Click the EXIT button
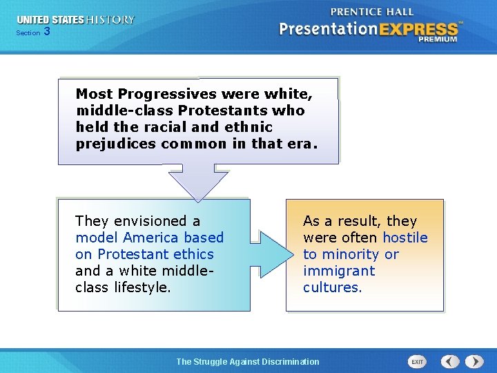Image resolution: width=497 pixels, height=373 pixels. (417, 361)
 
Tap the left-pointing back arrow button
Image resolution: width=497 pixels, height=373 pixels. (450, 361)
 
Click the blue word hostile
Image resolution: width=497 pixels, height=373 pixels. (405, 238)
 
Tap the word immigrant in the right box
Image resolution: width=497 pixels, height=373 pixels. (339, 271)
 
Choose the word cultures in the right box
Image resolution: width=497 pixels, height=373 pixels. (332, 287)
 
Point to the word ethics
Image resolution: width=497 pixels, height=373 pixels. (193, 254)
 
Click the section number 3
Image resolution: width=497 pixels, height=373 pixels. (46, 32)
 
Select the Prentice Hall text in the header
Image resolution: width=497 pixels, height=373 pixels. (372, 12)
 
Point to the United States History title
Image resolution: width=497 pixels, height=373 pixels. (76, 20)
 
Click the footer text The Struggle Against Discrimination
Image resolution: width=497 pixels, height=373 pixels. (248, 361)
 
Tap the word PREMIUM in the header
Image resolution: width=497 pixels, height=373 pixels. (437, 40)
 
